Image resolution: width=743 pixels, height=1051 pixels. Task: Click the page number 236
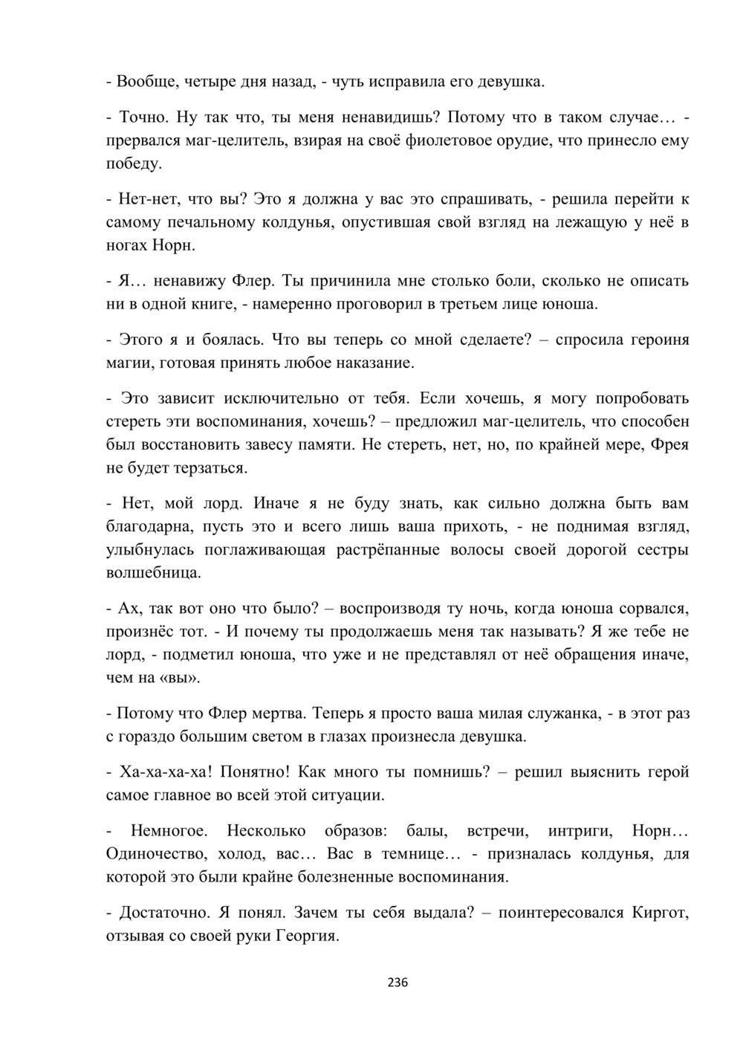coord(398,983)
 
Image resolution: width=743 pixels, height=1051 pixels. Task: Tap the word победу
coord(134,164)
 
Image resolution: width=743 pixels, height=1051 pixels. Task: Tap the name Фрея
coord(669,444)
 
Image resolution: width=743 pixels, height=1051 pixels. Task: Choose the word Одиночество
coord(153,853)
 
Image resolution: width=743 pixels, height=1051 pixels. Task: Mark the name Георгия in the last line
coord(308,936)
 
